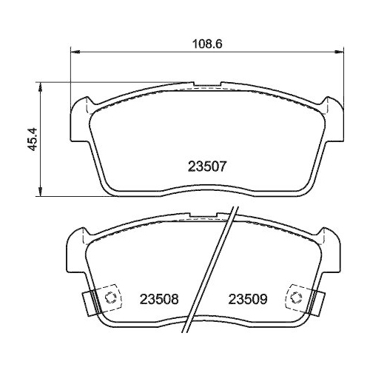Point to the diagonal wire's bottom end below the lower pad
tap(189, 330)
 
